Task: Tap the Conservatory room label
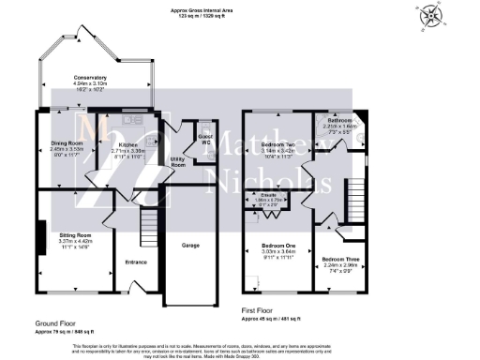click(x=94, y=78)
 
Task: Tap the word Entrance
click(x=136, y=262)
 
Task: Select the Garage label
click(x=190, y=246)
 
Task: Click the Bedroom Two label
click(x=277, y=144)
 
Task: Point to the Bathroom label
click(x=339, y=121)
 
